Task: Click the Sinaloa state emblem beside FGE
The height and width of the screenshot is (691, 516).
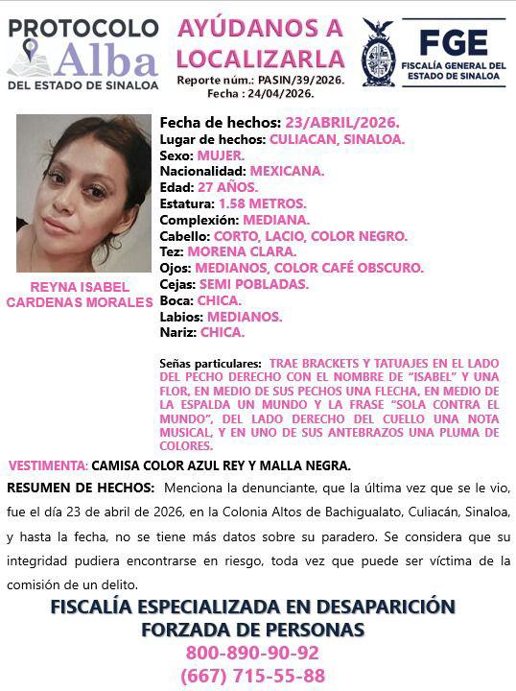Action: click(378, 53)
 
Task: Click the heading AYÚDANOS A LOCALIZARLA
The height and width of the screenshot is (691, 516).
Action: click(260, 44)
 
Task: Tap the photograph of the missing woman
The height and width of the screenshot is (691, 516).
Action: click(83, 193)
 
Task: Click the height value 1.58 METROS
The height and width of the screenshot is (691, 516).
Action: click(263, 203)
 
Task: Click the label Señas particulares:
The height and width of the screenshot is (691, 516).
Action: click(210, 365)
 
